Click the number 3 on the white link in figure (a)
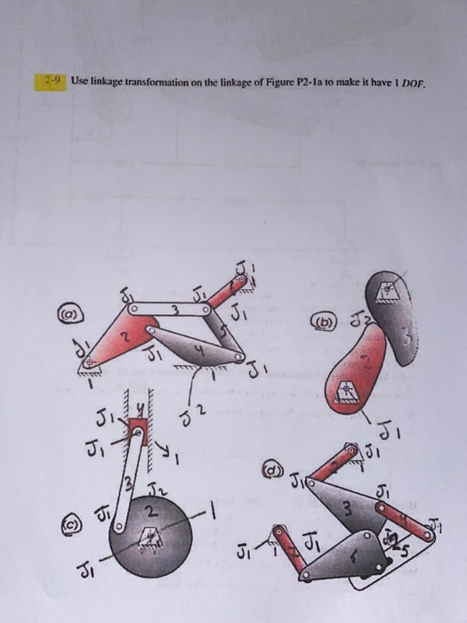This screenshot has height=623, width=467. [175, 311]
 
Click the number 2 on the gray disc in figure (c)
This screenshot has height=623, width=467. [152, 512]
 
